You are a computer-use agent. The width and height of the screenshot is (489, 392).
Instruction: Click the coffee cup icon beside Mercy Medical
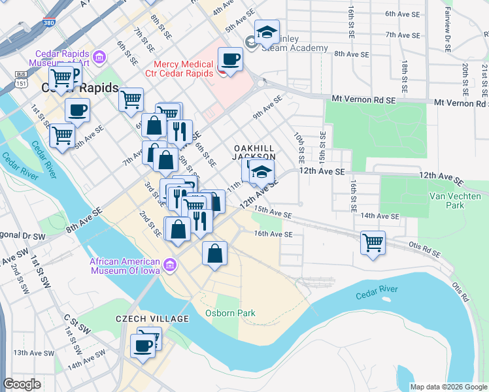(x=229, y=60)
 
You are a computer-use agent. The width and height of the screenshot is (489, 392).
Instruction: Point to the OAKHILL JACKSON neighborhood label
(x=255, y=153)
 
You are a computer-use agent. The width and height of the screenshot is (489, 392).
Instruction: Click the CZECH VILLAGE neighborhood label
(x=152, y=319)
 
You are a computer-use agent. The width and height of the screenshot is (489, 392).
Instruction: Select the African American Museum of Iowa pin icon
(x=170, y=265)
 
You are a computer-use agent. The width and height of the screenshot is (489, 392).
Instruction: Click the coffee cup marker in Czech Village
(x=143, y=346)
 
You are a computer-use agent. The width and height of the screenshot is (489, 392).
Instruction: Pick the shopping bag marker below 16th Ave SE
(x=214, y=253)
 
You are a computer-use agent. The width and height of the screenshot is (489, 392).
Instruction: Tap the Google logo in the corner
(x=22, y=384)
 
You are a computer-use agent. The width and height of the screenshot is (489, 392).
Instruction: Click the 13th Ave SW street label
(x=33, y=352)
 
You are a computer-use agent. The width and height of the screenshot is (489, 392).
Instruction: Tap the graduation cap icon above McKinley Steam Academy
(x=267, y=31)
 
